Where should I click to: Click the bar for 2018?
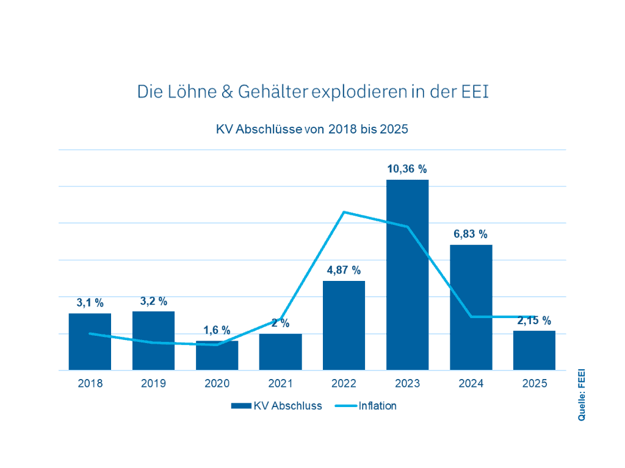90,341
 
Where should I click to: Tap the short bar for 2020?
217,357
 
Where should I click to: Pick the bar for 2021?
280,352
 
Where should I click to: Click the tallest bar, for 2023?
407,274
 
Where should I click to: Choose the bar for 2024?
471,307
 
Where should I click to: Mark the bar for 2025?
534,350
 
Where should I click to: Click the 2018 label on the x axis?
90,385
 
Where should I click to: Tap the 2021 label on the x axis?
280,385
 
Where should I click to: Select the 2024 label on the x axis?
471,385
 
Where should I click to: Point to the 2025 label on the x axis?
534,385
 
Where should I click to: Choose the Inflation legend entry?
366,405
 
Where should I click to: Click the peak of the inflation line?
344,212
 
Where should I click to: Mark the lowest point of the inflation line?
217,345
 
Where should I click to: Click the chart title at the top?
312,92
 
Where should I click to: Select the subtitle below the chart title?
312,129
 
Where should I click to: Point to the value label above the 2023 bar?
407,169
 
